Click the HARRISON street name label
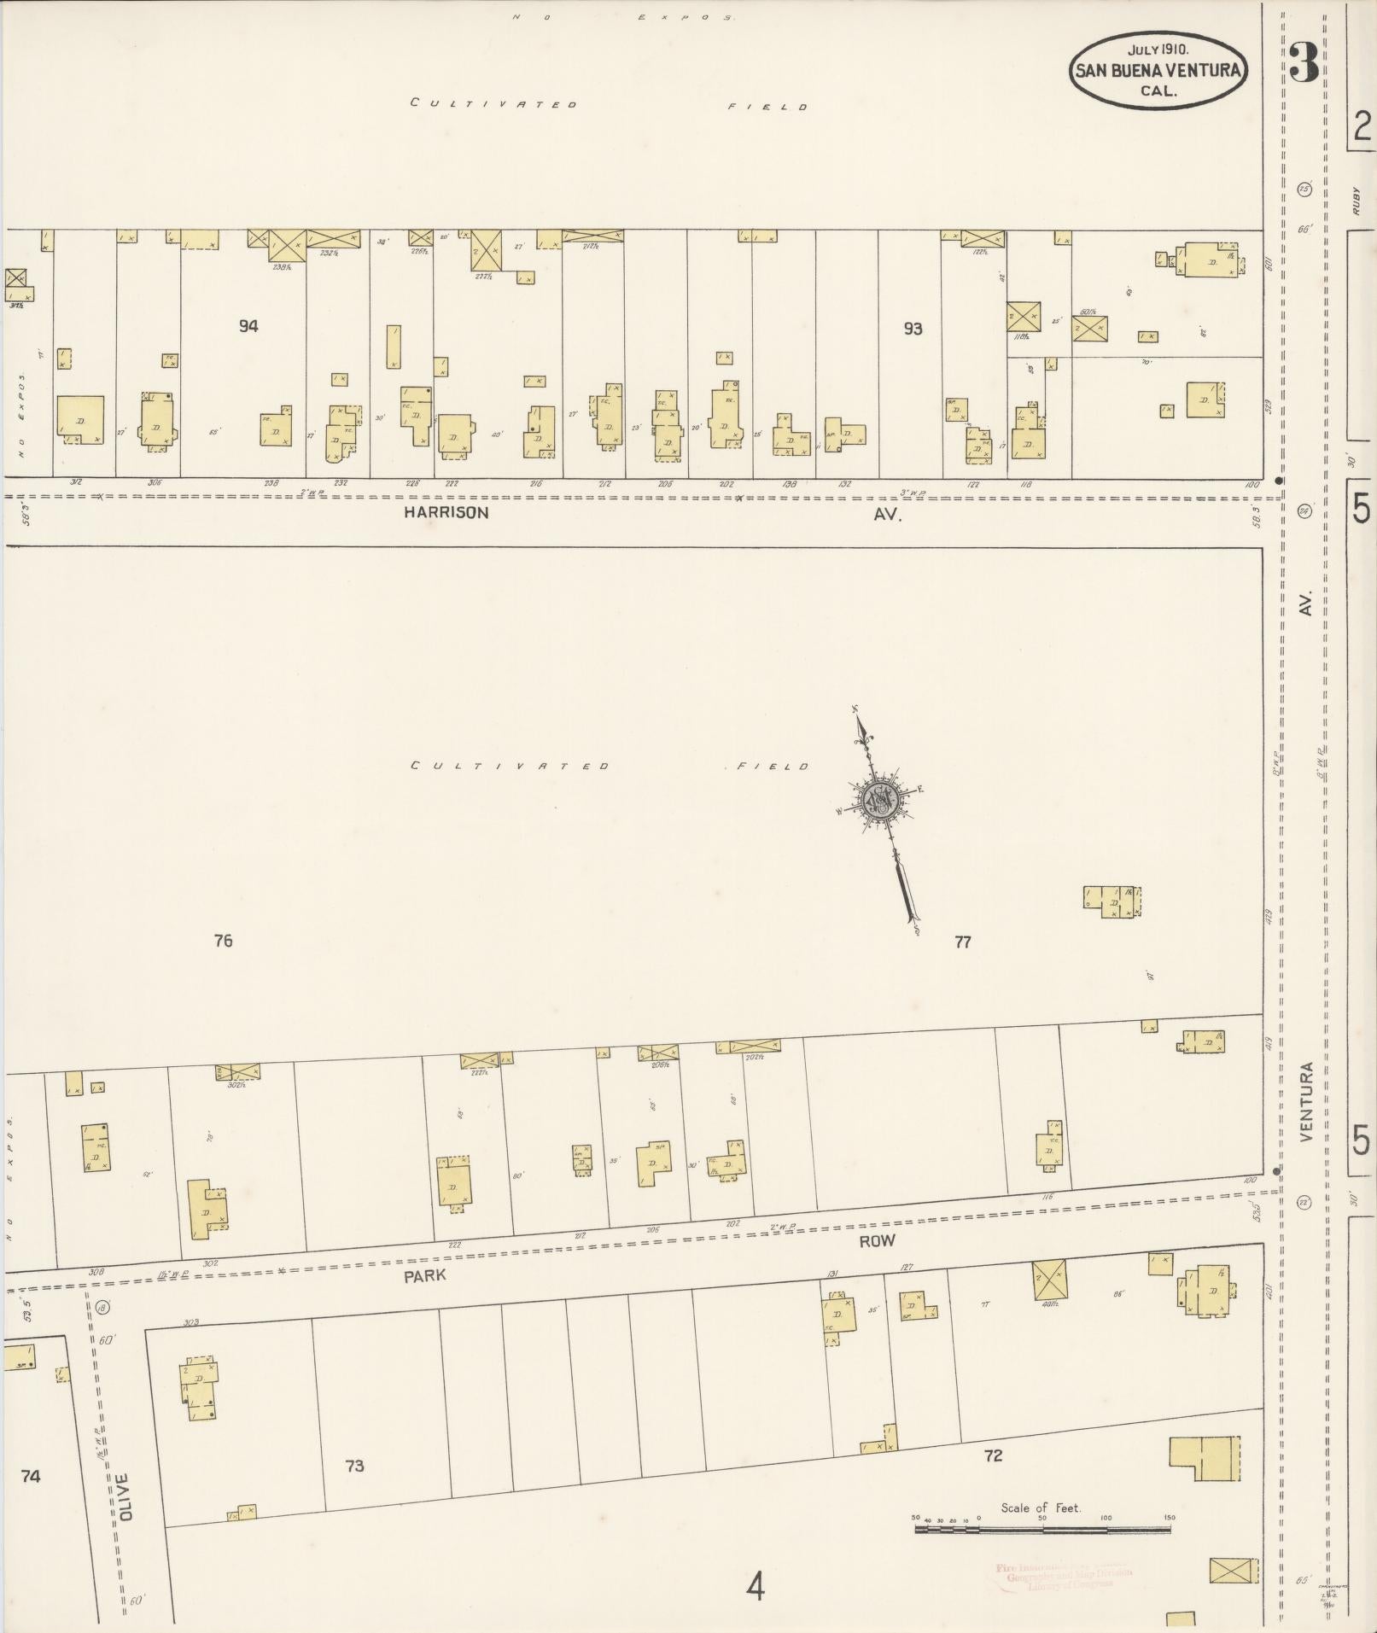point(446,513)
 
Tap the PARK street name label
point(425,1275)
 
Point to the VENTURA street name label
point(1306,1101)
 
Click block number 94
point(248,326)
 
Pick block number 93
point(913,329)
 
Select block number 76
point(223,941)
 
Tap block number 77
point(962,942)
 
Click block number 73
point(354,1466)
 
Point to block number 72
point(993,1455)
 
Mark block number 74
point(31,1476)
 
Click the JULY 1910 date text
point(1158,50)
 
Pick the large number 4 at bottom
point(755,1588)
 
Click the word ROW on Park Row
point(877,1241)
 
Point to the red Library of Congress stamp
point(1063,1576)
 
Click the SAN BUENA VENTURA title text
point(1157,71)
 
